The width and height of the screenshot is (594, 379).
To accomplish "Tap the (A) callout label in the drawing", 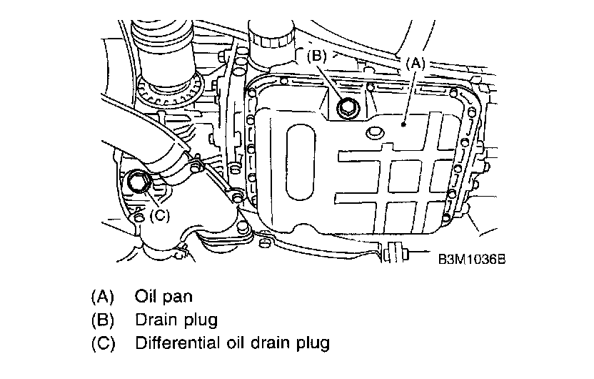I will pos(416,62).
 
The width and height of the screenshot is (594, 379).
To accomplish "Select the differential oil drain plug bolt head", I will pos(138,182).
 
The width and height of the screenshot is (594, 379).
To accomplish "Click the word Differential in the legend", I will pos(178,343).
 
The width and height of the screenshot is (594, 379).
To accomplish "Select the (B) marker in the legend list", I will pos(103,319).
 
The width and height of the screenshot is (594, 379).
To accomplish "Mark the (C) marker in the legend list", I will pos(103,343).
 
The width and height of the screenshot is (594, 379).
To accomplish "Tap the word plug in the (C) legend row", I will pos(311,343).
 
